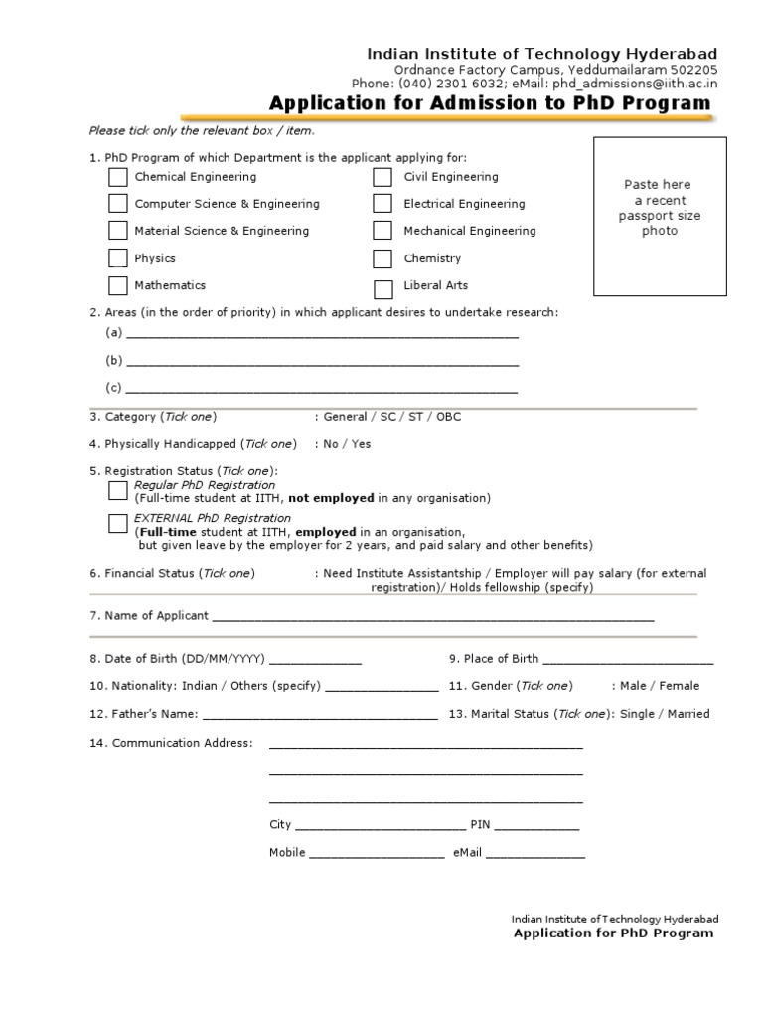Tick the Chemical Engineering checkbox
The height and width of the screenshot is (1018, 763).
[x=118, y=178]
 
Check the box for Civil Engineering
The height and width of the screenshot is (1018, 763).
[x=382, y=178]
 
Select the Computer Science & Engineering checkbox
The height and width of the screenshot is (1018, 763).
[x=118, y=204]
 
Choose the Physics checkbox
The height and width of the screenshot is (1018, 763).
[x=118, y=258]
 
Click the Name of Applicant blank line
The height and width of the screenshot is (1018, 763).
[x=433, y=618]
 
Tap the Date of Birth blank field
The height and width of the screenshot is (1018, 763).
[x=315, y=661]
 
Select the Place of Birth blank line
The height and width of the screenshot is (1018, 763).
[x=628, y=661]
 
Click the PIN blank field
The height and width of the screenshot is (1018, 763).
[x=536, y=827]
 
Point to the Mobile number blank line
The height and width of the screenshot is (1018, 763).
[x=377, y=854]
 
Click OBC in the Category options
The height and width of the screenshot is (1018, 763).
[x=448, y=417]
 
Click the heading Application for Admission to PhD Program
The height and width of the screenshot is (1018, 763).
[x=490, y=103]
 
